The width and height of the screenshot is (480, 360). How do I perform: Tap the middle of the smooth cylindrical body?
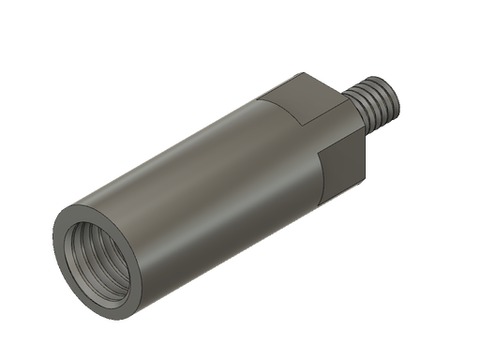tap(206, 178)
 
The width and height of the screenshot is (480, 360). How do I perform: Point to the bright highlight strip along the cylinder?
tap(187, 141)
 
